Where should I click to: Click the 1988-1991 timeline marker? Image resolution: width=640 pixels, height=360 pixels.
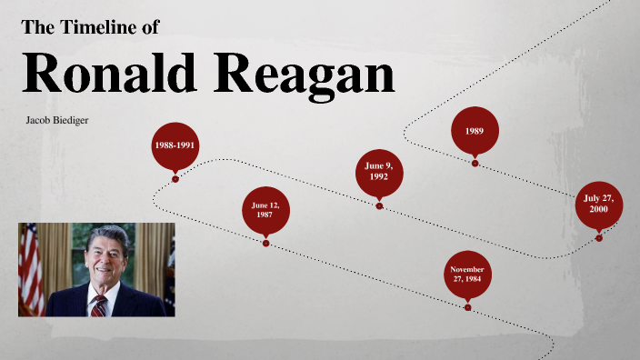click(175, 145)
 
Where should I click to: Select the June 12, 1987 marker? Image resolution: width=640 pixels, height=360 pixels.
click(265, 210)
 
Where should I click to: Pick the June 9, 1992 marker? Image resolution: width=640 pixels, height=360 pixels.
click(379, 172)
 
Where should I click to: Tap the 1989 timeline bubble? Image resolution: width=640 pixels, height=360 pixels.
click(475, 130)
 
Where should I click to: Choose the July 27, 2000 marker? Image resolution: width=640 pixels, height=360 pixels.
click(598, 204)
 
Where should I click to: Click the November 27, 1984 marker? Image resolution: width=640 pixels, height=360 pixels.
click(467, 274)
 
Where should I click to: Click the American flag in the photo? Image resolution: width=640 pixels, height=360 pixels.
click(30, 268)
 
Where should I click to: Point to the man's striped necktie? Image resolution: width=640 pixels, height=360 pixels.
click(98, 304)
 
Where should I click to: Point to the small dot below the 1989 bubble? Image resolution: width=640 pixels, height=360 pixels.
click(475, 164)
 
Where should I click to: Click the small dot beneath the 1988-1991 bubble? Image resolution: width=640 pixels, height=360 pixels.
click(175, 179)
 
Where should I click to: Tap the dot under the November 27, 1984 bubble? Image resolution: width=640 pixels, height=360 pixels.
click(467, 307)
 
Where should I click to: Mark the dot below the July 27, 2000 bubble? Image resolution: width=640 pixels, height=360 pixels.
click(598, 238)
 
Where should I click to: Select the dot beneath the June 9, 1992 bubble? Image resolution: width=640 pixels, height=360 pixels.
click(379, 206)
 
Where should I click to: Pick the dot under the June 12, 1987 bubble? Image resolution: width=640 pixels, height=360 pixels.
click(265, 244)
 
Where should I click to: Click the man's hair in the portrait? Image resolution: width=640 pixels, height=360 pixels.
click(105, 235)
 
